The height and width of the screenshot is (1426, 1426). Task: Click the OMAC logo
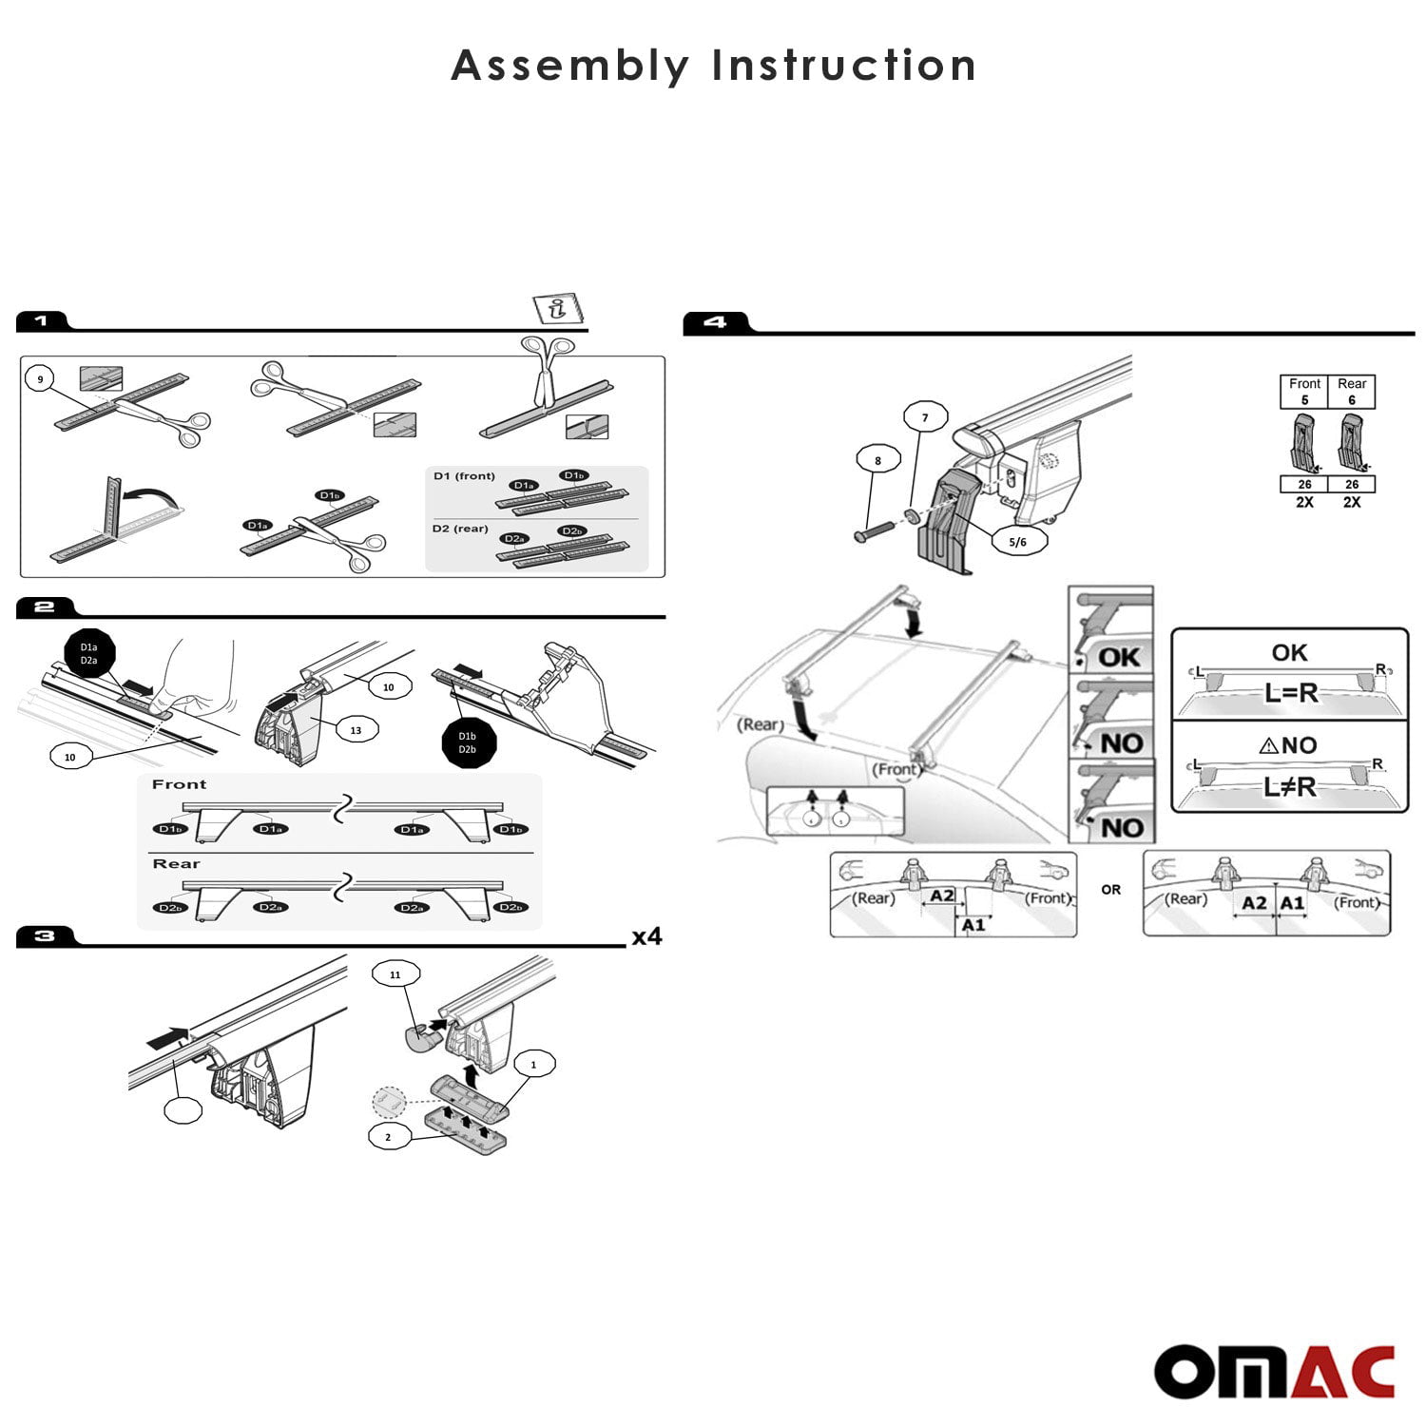point(1274,1372)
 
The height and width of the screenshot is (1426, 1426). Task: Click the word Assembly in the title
point(569,66)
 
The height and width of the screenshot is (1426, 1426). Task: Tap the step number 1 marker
point(41,321)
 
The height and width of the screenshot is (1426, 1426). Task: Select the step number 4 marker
point(715,323)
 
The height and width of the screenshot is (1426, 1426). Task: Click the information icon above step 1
point(557,309)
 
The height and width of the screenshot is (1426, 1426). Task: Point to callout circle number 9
point(40,379)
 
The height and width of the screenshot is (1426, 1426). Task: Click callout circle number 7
point(924,416)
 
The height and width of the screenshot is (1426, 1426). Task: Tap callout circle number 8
point(877,460)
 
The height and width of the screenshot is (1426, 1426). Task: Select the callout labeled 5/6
point(1017,542)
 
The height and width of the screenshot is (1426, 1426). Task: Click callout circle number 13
point(356,730)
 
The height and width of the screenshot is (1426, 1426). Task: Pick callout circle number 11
point(395,974)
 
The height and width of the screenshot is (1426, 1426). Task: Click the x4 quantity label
point(646,937)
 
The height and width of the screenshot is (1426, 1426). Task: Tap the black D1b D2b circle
point(467,742)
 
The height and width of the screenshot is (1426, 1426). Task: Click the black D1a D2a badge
point(88,654)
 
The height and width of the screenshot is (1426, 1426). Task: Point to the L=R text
point(1290,692)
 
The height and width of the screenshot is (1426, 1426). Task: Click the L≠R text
point(1290,786)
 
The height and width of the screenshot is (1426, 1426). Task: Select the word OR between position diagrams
point(1110,890)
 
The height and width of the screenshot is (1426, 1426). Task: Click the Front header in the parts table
point(1304,384)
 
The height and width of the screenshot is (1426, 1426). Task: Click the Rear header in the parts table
point(1351,384)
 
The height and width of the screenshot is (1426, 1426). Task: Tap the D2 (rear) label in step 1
point(460,529)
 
